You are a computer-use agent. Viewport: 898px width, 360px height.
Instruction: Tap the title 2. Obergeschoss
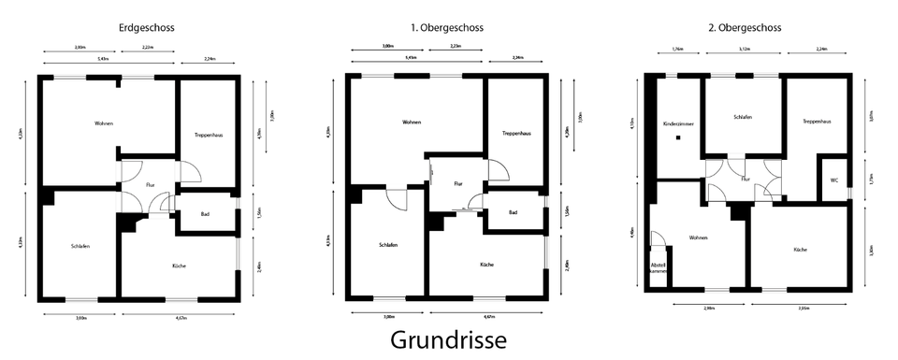[x=745, y=28]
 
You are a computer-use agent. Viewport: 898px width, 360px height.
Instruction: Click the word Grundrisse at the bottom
[x=448, y=339]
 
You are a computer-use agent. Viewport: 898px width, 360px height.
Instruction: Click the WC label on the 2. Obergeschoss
[x=833, y=181]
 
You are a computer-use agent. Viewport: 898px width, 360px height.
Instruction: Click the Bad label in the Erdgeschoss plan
[x=205, y=214]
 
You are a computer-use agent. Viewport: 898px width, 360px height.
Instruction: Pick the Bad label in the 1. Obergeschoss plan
[x=513, y=213]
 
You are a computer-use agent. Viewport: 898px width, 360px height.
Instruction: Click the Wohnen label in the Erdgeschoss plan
[x=103, y=123]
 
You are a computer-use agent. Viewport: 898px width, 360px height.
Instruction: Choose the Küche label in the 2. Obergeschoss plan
[x=800, y=250]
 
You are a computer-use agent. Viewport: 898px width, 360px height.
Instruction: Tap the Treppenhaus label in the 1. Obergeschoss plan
[x=515, y=133]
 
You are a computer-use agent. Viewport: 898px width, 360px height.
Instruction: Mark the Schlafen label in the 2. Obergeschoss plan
[x=744, y=117]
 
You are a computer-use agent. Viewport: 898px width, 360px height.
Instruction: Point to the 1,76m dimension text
[x=678, y=50]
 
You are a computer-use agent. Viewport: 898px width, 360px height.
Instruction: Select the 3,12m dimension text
[x=745, y=50]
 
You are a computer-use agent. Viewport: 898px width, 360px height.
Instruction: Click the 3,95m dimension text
[x=803, y=307]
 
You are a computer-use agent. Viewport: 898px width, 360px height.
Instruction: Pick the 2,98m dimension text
[x=709, y=307]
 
